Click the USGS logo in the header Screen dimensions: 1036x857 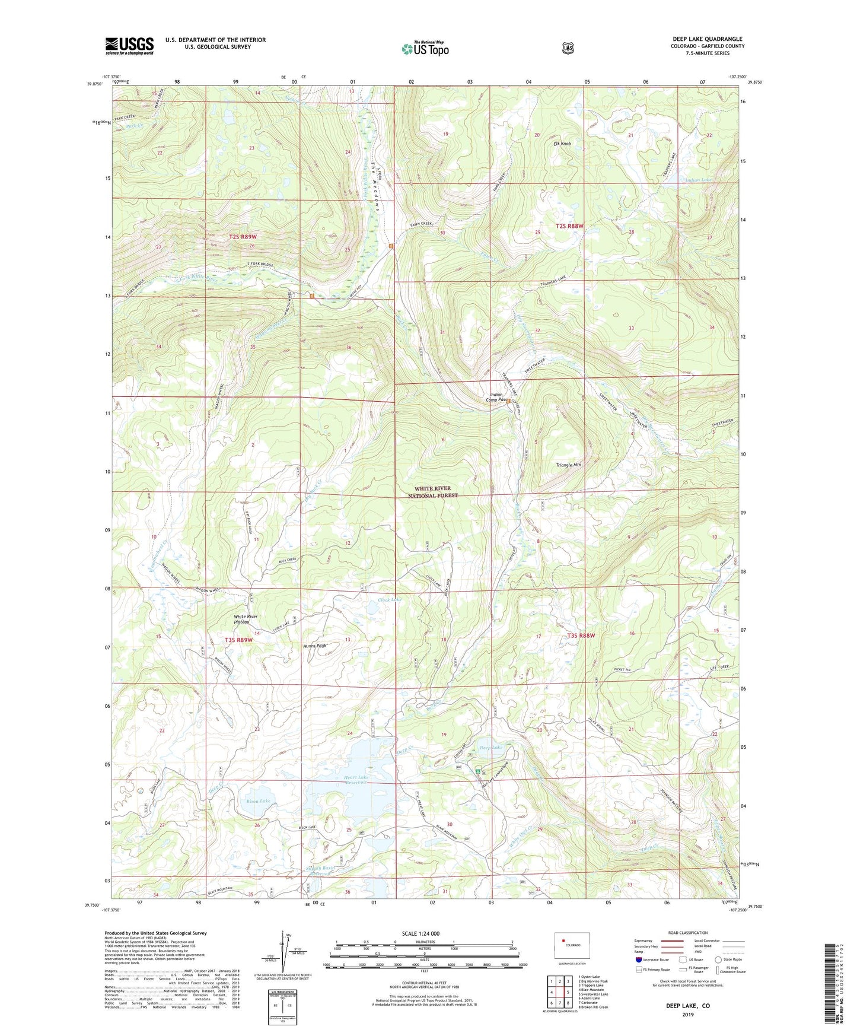tap(129, 46)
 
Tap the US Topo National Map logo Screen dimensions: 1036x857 tap(425, 48)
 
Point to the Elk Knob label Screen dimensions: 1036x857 tap(562, 144)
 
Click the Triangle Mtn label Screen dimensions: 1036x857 tap(568, 465)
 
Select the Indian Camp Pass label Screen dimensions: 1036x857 tap(496, 397)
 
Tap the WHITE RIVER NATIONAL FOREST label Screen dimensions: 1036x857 tap(433, 492)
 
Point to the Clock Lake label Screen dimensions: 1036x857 tap(390, 600)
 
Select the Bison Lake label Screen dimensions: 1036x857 tap(258, 801)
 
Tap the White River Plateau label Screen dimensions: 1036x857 tap(246, 619)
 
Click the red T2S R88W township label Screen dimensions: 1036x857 tap(569, 226)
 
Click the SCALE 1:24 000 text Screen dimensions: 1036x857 tap(424, 933)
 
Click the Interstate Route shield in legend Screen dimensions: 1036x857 tap(638, 959)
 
